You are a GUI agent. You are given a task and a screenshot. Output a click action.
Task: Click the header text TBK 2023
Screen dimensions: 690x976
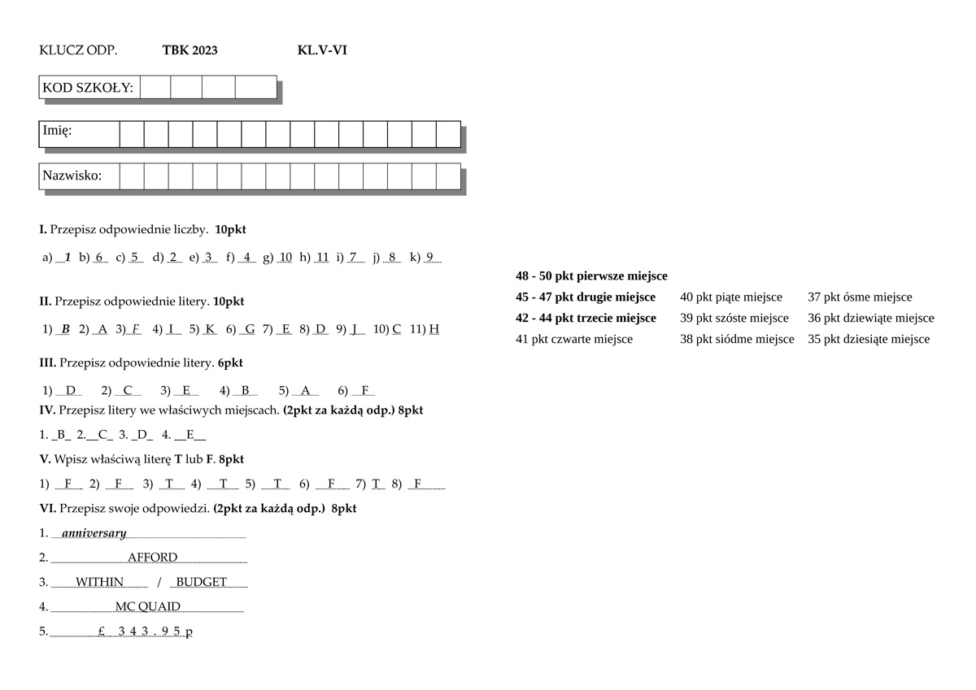click(x=190, y=50)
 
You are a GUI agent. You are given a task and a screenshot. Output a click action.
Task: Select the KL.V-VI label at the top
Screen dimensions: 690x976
click(x=323, y=50)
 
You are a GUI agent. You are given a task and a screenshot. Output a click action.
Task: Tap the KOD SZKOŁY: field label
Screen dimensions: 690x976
click(x=88, y=88)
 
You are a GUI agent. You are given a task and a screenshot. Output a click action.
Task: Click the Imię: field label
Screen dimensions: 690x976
click(x=57, y=130)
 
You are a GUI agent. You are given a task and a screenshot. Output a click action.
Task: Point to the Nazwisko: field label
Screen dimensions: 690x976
click(x=72, y=176)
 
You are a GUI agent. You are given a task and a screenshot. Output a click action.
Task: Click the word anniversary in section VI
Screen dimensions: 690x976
click(x=94, y=533)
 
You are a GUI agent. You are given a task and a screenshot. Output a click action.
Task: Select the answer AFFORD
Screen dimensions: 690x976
click(x=152, y=558)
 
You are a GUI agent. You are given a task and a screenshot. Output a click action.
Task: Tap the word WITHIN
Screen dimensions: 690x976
click(x=99, y=582)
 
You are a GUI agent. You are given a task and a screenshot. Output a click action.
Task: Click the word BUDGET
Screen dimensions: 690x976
click(x=201, y=582)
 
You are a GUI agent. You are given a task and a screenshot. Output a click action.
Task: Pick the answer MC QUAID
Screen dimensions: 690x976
click(x=147, y=606)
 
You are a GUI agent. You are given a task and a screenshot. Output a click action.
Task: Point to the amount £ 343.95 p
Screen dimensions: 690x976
click(x=145, y=631)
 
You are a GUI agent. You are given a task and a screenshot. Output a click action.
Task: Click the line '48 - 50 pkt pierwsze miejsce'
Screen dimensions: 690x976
click(x=591, y=276)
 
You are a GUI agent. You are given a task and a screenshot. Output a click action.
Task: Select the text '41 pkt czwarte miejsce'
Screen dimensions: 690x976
click(x=574, y=339)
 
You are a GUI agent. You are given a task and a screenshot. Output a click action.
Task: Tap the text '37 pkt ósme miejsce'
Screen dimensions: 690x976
click(x=860, y=297)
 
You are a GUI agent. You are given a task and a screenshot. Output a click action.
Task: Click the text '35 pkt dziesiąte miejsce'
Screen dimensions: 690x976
click(x=869, y=339)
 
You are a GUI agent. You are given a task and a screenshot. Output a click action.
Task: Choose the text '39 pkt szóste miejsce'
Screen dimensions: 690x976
click(x=734, y=318)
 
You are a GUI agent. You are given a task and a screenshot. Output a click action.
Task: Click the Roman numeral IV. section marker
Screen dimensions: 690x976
click(x=47, y=410)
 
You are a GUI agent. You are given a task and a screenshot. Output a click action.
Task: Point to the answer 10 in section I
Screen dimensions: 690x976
click(x=285, y=258)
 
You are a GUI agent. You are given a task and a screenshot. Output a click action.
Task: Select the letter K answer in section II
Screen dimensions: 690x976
click(x=211, y=329)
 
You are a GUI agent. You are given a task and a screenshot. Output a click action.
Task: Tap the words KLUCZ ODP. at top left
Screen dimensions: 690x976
click(x=78, y=50)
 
